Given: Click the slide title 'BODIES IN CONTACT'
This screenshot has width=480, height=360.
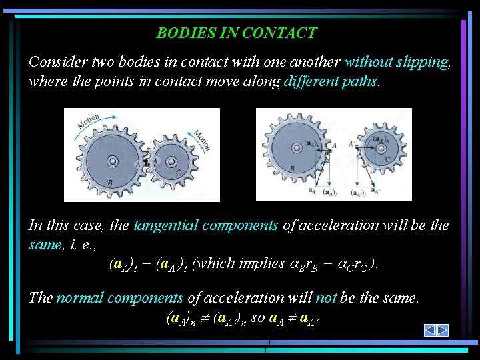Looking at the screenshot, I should pos(237,33).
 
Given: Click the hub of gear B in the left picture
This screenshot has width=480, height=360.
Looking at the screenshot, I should pos(112,161).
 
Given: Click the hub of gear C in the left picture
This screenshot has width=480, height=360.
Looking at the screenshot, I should pos(171,161).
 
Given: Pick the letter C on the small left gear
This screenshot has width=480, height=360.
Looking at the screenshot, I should pos(178,173).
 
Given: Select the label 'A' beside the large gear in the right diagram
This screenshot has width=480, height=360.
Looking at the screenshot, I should pos(334,145).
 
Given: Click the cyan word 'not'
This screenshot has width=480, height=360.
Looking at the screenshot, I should pos(325,297).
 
